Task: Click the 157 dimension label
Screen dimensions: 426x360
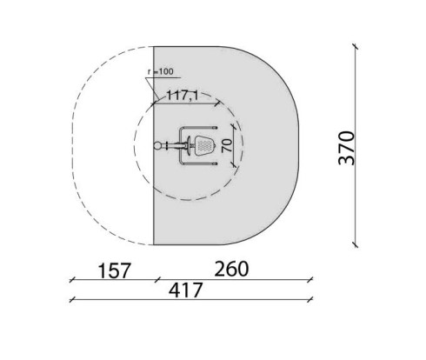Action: (115, 270)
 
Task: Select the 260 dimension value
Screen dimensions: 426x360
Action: (231, 269)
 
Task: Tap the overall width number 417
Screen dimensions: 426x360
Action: (185, 290)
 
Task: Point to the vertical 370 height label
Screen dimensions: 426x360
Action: (347, 148)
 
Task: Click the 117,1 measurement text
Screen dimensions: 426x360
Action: (183, 95)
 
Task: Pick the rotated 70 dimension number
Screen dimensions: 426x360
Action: (227, 145)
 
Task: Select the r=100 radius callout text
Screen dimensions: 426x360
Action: (160, 71)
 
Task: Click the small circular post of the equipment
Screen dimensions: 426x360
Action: (157, 145)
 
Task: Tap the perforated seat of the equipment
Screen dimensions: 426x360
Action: (204, 145)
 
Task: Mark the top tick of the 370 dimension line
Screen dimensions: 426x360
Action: (355, 47)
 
